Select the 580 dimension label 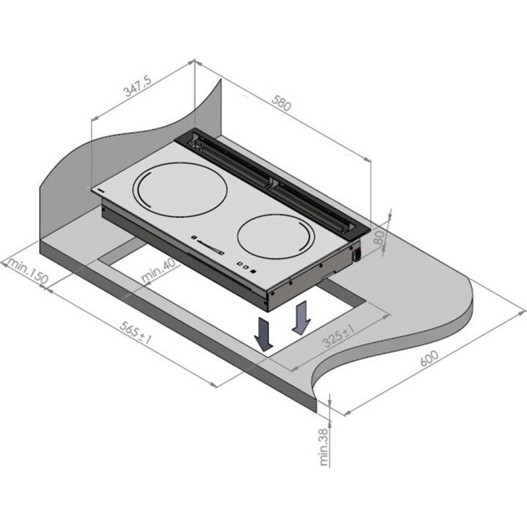click(281, 103)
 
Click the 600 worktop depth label click(429, 358)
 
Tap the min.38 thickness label click(324, 447)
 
